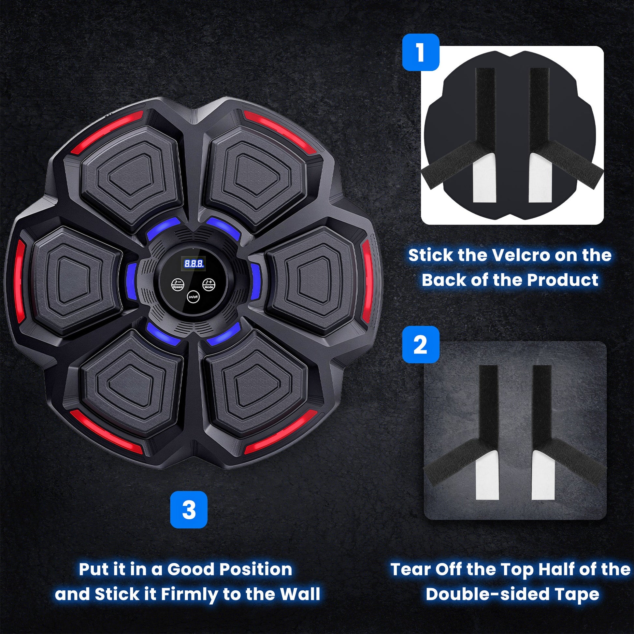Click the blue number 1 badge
tap(421, 52)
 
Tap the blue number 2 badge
tap(421, 345)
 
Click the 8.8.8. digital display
tap(194, 263)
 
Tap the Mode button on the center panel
tap(209, 284)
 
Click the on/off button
tap(193, 297)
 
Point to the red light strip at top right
tap(280, 131)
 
